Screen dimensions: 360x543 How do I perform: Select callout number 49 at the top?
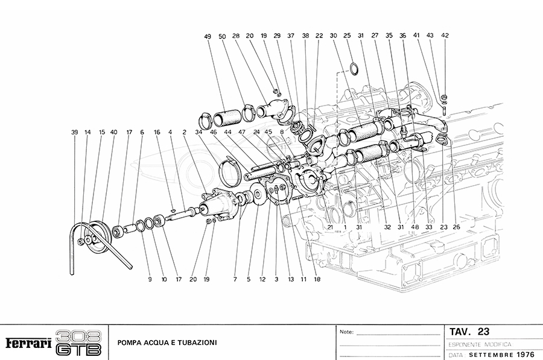208,37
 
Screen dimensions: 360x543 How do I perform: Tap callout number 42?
445,36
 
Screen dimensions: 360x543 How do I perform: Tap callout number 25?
347,36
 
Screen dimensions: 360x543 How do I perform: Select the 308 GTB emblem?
78,343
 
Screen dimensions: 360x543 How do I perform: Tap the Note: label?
346,332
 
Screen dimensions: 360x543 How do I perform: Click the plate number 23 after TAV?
483,331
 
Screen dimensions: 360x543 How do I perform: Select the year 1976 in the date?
517,354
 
